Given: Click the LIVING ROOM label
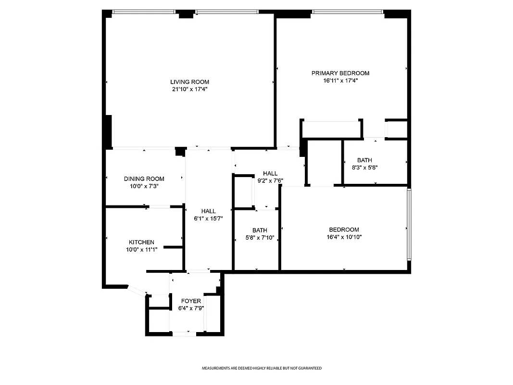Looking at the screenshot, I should tap(189, 82).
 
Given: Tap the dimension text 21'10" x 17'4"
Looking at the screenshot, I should tap(189, 89).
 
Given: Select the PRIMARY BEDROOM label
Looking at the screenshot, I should tap(340, 73).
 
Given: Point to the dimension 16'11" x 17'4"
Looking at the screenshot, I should tap(340, 81).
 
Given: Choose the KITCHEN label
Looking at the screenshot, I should tap(141, 242).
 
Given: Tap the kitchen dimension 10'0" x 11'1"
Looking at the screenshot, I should tap(141, 249).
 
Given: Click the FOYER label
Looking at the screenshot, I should tap(191, 301).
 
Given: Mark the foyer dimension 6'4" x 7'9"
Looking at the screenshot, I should tap(191, 308).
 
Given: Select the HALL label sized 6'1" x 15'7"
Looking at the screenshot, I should tap(209, 211).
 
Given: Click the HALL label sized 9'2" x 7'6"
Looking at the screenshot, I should tap(270, 173).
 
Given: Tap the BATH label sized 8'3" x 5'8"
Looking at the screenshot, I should tap(364, 160).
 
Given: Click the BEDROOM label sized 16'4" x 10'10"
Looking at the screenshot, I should tap(344, 230).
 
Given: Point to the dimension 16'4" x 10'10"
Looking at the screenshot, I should tap(344, 237).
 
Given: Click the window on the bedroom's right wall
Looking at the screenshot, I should tap(409, 224).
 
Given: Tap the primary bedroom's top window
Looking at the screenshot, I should tap(347, 12).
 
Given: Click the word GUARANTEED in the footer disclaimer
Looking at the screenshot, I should tap(310, 368).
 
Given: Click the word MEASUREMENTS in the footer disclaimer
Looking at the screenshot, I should tap(215, 368).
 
